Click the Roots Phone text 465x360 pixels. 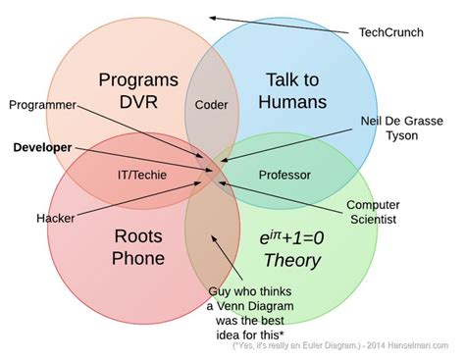[139, 248]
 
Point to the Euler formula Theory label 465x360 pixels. [291, 249]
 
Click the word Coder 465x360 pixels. [212, 104]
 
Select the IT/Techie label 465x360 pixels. [142, 175]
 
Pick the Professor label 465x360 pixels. [284, 175]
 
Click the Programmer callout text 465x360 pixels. [43, 104]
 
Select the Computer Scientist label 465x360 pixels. [373, 212]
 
